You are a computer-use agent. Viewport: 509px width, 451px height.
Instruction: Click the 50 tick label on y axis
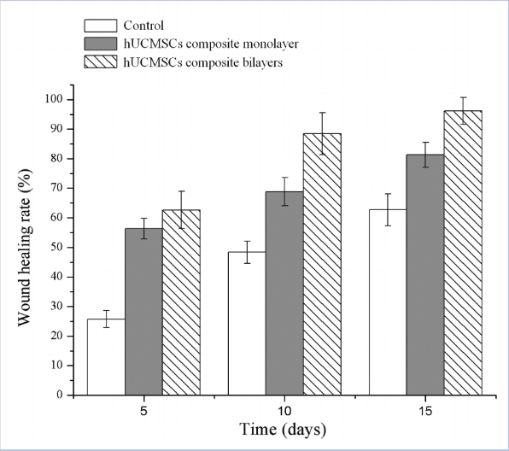pyautogui.click(x=56, y=248)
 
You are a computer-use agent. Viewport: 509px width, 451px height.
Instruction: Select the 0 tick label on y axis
pyautogui.click(x=60, y=395)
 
